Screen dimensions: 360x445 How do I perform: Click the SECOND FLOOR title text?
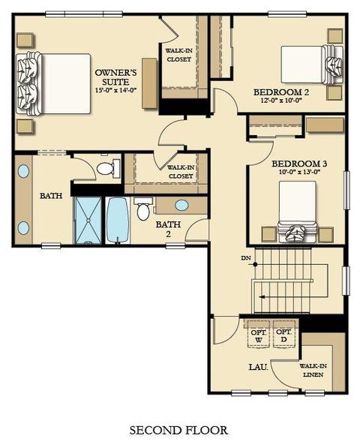point(178,430)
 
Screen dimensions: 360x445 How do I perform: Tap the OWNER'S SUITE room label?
point(115,77)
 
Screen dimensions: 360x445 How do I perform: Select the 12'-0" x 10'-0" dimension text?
point(280,101)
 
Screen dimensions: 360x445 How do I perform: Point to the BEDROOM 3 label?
point(299,164)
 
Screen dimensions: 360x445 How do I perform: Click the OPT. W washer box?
point(259,334)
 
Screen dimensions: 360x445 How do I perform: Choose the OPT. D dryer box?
point(284,334)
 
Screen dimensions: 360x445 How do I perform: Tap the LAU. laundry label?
point(259,367)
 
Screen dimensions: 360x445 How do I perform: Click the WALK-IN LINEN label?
point(313,371)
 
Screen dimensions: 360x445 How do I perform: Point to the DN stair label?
point(246,258)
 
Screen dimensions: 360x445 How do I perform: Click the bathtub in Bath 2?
point(118,221)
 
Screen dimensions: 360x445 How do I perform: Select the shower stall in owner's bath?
point(88,221)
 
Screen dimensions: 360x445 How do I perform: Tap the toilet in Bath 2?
point(143,209)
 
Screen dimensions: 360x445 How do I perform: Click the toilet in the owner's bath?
point(108,168)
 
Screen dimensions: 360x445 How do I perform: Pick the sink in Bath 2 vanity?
point(181,205)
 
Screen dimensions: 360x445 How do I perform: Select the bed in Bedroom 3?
point(297,212)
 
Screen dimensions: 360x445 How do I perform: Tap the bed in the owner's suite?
point(53,84)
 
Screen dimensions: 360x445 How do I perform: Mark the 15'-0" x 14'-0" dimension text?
point(116,90)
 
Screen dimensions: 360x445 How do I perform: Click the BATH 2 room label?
point(168,229)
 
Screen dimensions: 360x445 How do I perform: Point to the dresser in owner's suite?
point(149,83)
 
